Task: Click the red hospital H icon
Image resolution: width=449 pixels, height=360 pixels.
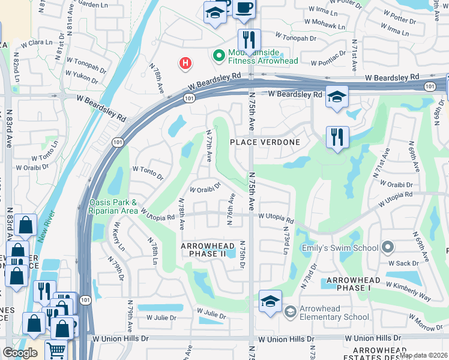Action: pyautogui.click(x=186, y=62)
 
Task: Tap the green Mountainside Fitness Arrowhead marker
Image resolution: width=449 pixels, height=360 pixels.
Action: pyautogui.click(x=219, y=56)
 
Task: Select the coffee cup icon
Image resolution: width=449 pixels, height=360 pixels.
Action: pyautogui.click(x=244, y=8)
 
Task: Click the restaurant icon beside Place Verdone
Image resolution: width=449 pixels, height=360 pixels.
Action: pyautogui.click(x=337, y=137)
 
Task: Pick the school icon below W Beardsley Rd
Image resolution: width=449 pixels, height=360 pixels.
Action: pyautogui.click(x=337, y=97)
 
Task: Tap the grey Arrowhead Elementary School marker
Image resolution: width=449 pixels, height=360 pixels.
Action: pyautogui.click(x=290, y=311)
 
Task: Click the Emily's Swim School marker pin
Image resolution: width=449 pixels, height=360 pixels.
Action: pyautogui.click(x=388, y=247)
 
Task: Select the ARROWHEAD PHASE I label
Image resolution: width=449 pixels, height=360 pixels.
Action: pyautogui.click(x=350, y=284)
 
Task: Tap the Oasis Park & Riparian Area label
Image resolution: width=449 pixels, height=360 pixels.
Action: pyautogui.click(x=113, y=206)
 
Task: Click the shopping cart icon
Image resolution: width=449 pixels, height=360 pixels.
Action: pyautogui.click(x=56, y=350)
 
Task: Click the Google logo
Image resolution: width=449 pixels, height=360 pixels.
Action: pyautogui.click(x=20, y=353)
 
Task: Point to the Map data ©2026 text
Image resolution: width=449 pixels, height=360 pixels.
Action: pyautogui.click(x=423, y=355)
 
